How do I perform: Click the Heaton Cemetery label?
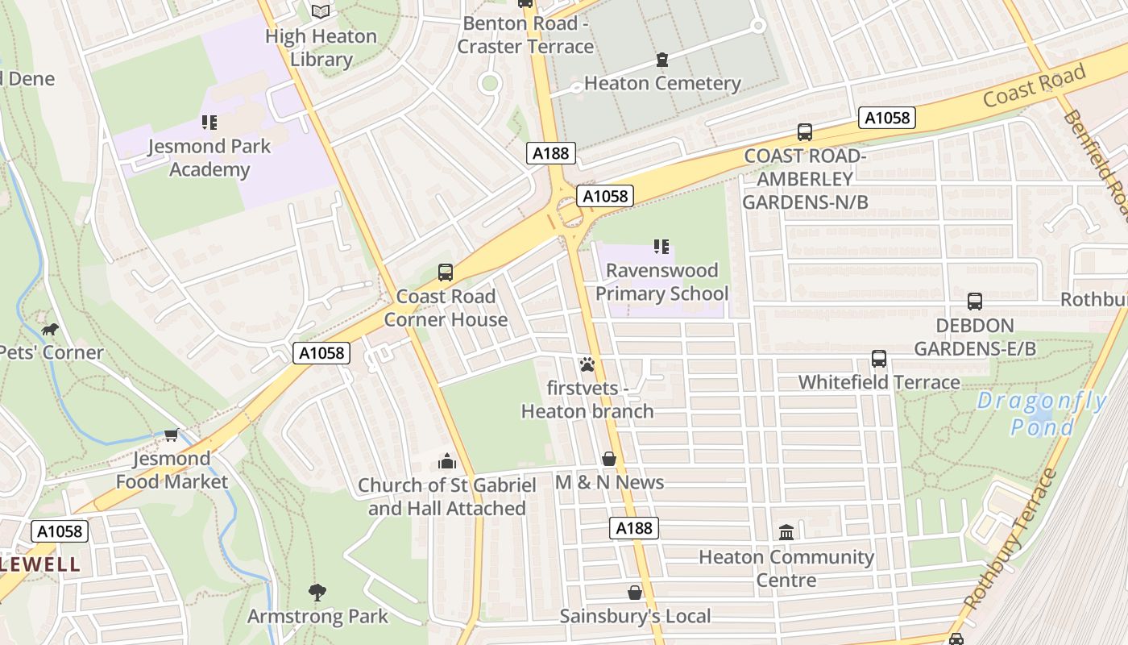point(662,83)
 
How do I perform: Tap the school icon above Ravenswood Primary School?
point(661,246)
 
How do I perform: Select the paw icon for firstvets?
point(587,364)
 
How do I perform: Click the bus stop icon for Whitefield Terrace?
point(879,358)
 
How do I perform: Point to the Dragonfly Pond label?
point(1041,414)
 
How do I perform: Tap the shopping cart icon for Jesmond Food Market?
point(171,435)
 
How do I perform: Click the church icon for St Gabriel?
point(446,461)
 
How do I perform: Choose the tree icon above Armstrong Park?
point(317,593)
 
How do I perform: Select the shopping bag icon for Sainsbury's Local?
point(635,593)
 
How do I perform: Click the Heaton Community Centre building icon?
point(786,532)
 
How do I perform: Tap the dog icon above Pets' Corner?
point(50,329)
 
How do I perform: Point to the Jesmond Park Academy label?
point(209,158)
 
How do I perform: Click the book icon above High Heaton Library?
point(321,11)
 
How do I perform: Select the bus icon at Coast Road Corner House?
point(446,272)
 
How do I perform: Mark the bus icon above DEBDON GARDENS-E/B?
point(975,302)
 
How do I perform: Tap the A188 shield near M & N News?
point(633,528)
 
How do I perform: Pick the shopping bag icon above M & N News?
point(609,459)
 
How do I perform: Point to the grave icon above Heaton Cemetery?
point(662,59)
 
